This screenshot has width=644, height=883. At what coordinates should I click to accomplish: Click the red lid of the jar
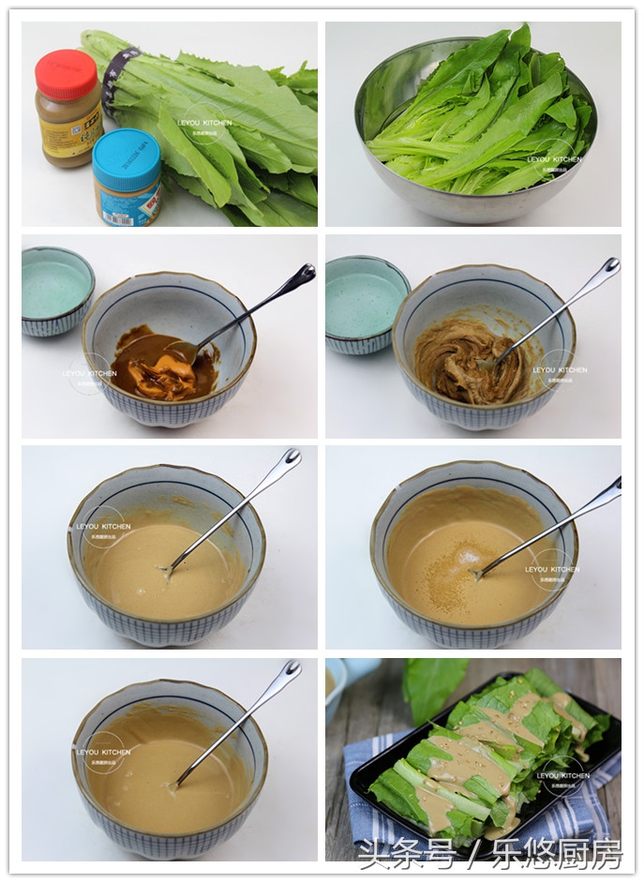point(66,74)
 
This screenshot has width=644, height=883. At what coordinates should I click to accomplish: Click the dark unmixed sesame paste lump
point(165,367)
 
